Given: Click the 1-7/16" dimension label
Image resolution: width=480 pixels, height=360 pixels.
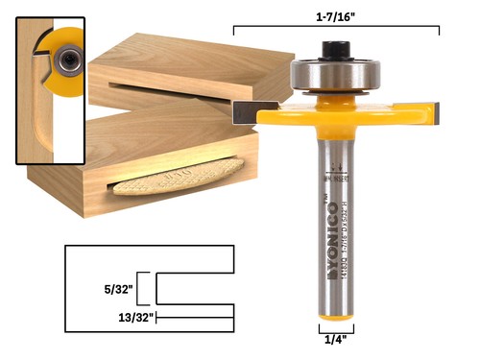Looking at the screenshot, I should [x=337, y=15].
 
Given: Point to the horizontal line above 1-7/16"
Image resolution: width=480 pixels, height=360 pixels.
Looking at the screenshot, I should [x=337, y=30].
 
